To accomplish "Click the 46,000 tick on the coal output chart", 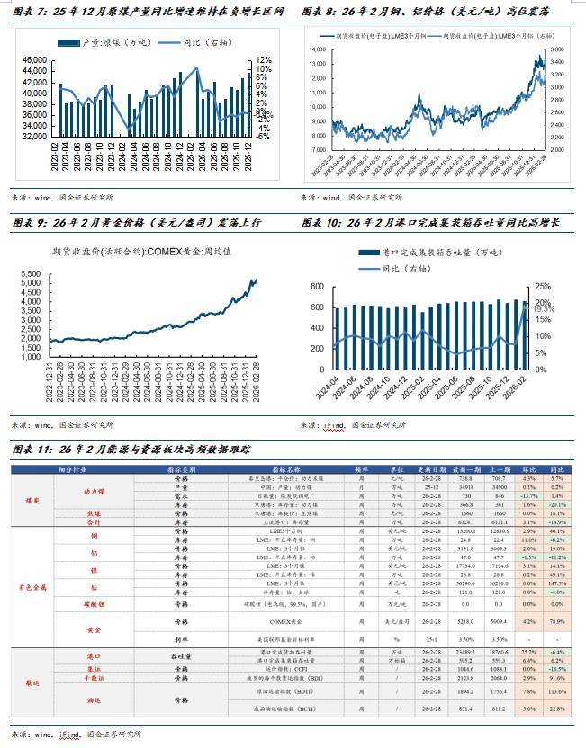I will [33, 59].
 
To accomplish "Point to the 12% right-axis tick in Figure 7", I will [264, 59].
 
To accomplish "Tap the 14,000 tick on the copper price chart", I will [319, 49].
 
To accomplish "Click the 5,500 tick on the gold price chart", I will [31, 274].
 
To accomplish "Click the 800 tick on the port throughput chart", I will [316, 286].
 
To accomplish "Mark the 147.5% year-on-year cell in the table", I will [557, 583].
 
